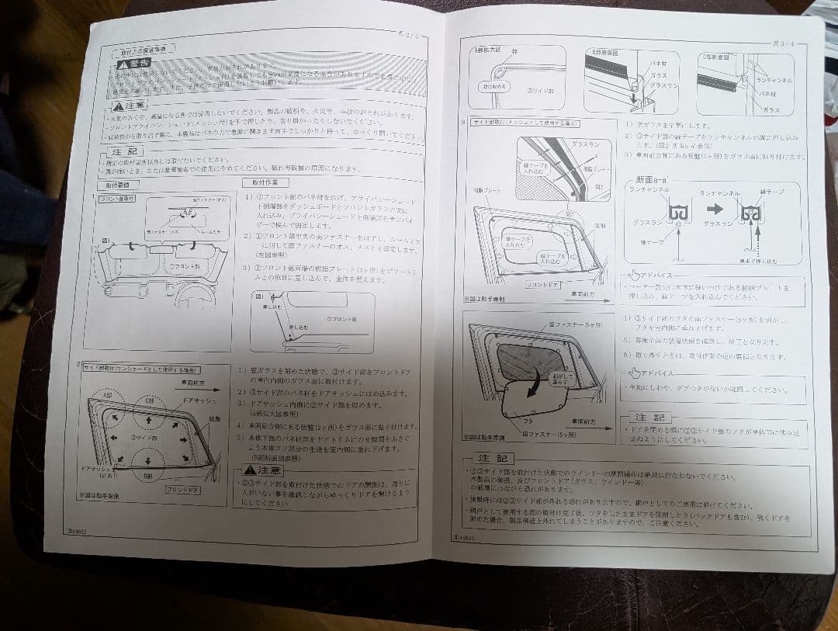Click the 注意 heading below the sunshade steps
point(262,470)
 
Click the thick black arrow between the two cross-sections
point(715,210)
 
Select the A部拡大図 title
point(490,50)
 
